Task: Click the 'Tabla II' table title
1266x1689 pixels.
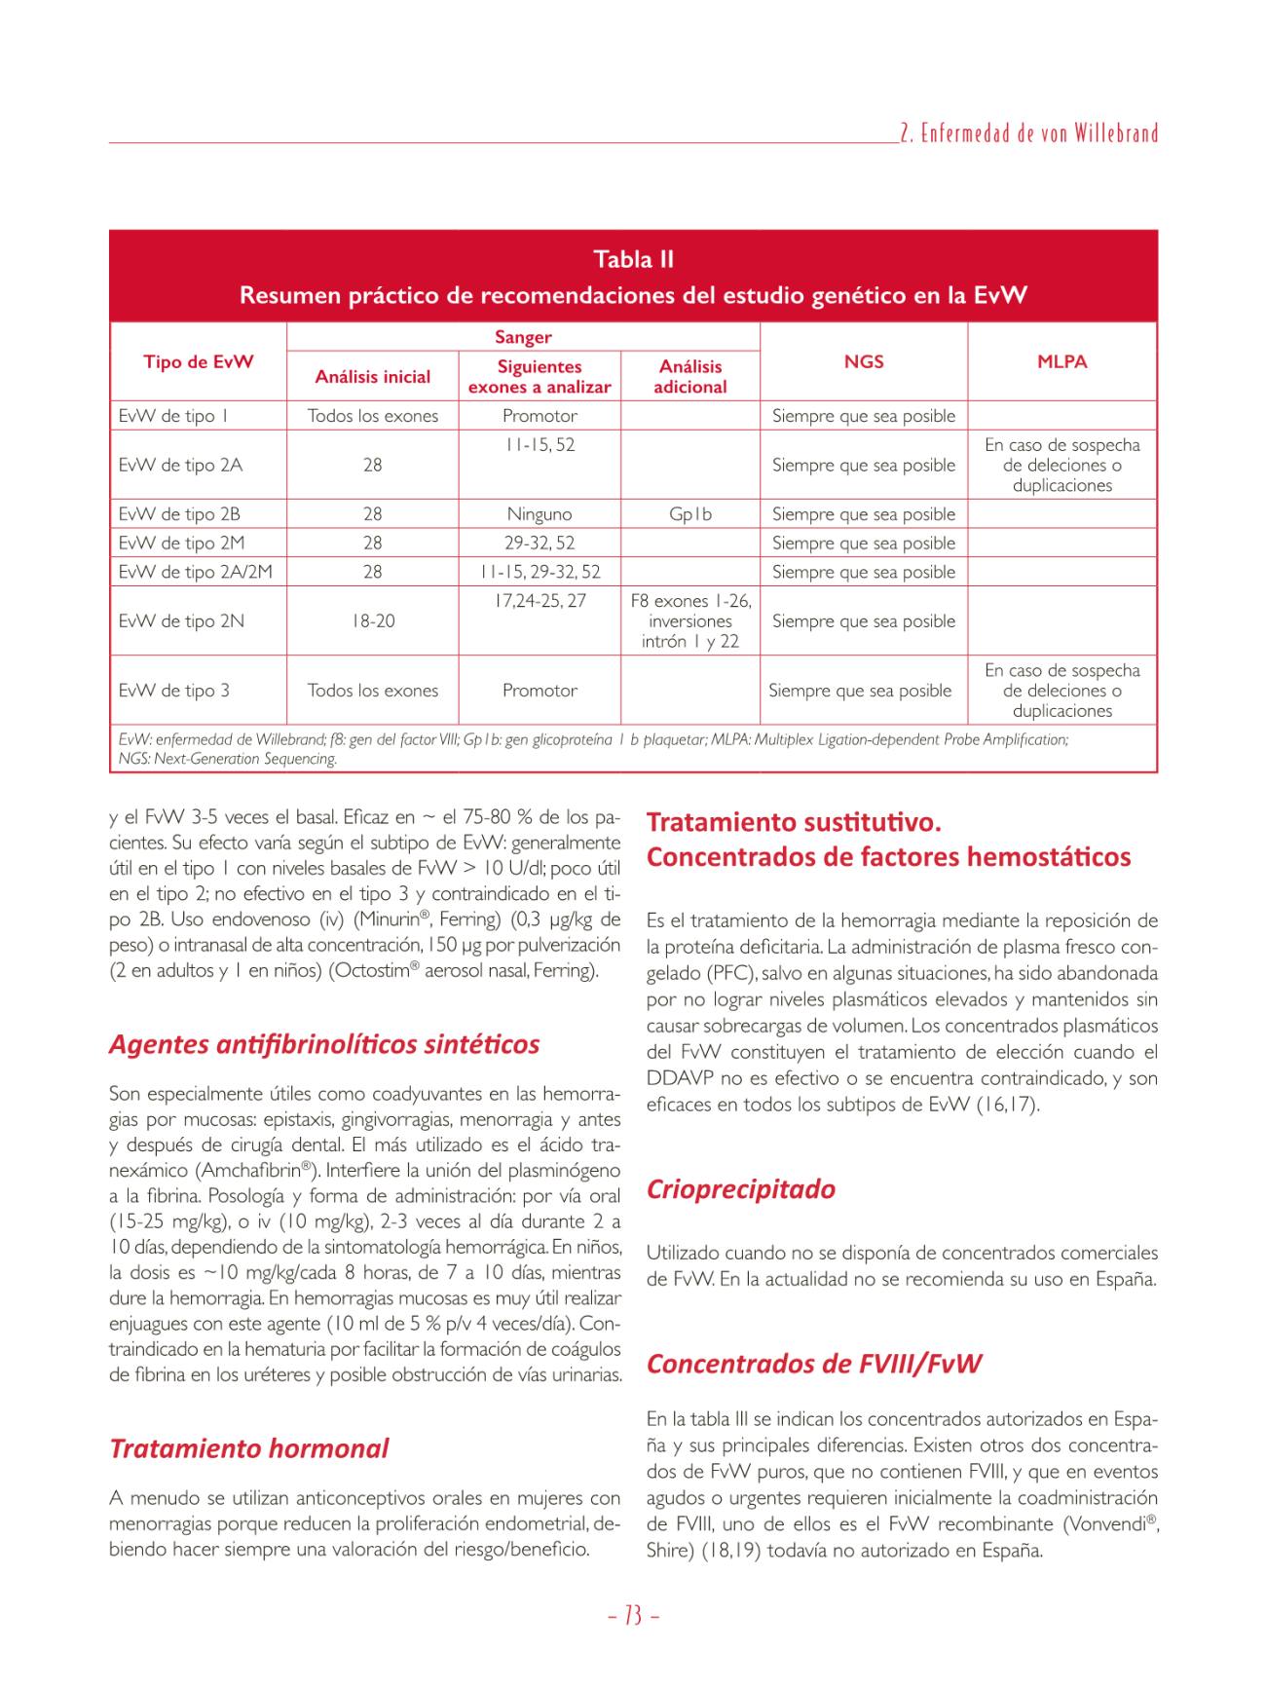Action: coord(633,260)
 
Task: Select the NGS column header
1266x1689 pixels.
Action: coord(864,361)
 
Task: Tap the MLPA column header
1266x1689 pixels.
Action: coord(1061,361)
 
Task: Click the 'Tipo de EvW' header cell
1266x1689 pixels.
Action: coord(199,361)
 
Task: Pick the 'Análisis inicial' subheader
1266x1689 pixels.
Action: coord(372,377)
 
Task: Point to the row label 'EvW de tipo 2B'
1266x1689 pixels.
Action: coord(179,514)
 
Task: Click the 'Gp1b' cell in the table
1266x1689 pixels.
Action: coord(689,514)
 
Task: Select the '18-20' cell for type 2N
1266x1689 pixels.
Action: coord(372,621)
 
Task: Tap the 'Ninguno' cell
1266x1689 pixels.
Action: coord(540,514)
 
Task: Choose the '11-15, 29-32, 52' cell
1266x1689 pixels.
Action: coord(540,572)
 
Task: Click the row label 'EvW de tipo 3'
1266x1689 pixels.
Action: coord(174,691)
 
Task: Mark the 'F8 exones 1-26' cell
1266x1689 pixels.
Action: coord(690,601)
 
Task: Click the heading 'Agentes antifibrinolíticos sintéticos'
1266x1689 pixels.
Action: coord(324,1044)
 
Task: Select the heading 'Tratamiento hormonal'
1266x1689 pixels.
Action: coord(249,1448)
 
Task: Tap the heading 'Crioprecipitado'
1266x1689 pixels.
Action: coord(741,1189)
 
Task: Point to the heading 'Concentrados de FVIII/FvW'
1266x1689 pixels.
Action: coord(814,1363)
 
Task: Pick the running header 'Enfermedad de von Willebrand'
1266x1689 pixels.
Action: coord(1028,133)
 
